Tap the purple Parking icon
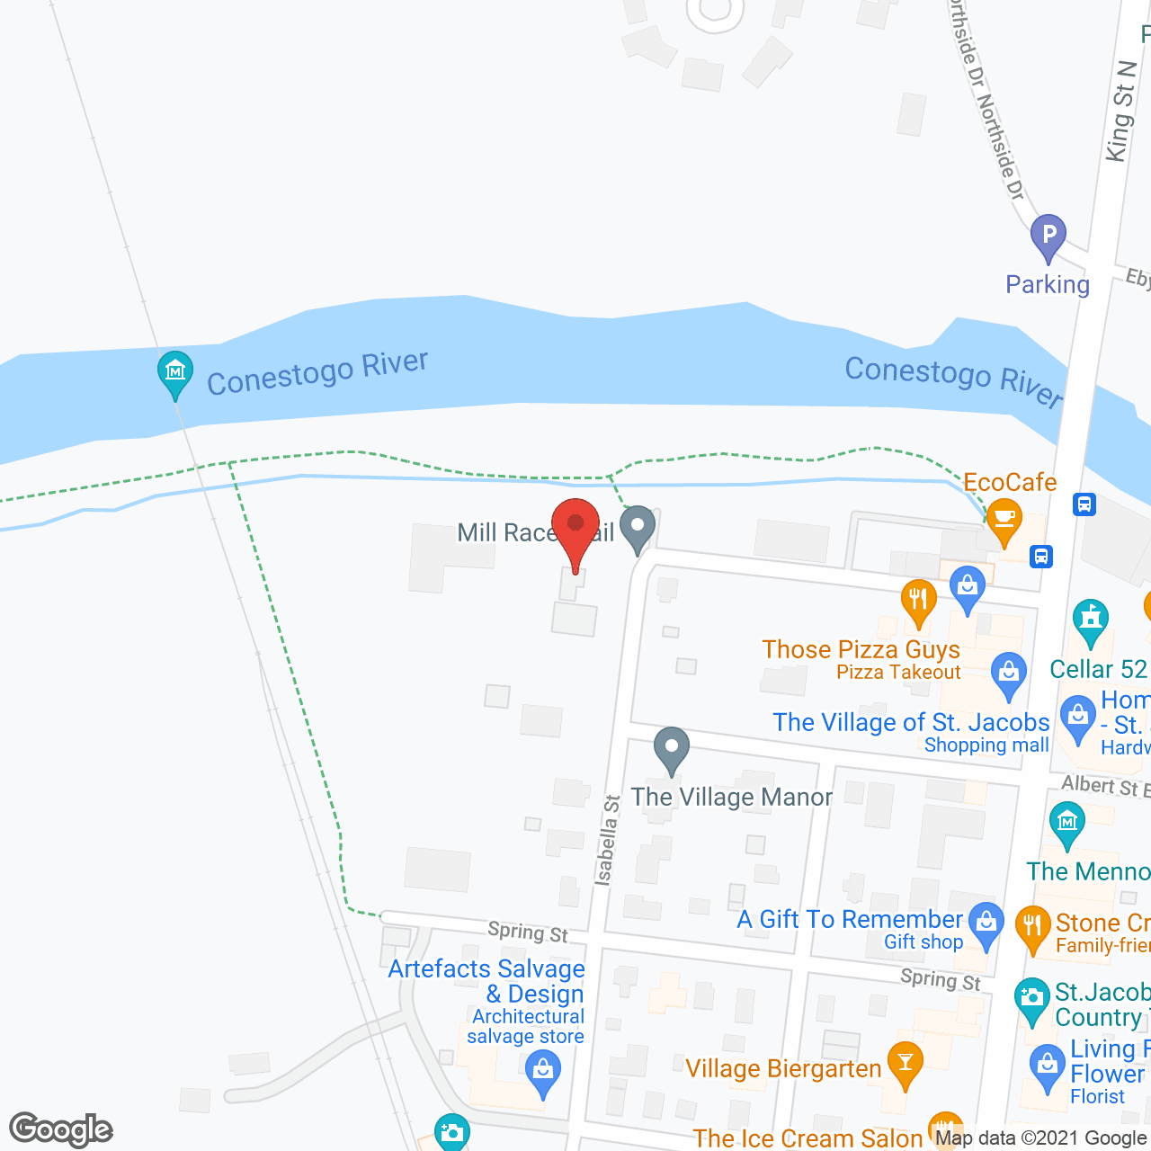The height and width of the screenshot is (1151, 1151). pyautogui.click(x=1048, y=237)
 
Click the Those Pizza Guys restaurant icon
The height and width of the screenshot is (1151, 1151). pyautogui.click(x=918, y=600)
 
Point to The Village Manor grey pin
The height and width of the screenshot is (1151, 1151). pyautogui.click(x=671, y=749)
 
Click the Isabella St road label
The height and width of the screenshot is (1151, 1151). pyautogui.click(x=608, y=840)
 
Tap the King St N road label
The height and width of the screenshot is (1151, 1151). pyautogui.click(x=1120, y=112)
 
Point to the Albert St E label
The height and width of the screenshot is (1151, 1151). pyautogui.click(x=1105, y=787)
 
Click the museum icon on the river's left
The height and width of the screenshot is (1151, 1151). pyautogui.click(x=175, y=372)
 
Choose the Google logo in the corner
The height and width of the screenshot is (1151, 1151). pyautogui.click(x=61, y=1129)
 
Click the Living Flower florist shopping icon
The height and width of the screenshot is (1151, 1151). pyautogui.click(x=1047, y=1066)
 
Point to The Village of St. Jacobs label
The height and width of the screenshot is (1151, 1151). pyautogui.click(x=911, y=723)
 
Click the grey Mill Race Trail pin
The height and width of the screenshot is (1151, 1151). pyautogui.click(x=638, y=527)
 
